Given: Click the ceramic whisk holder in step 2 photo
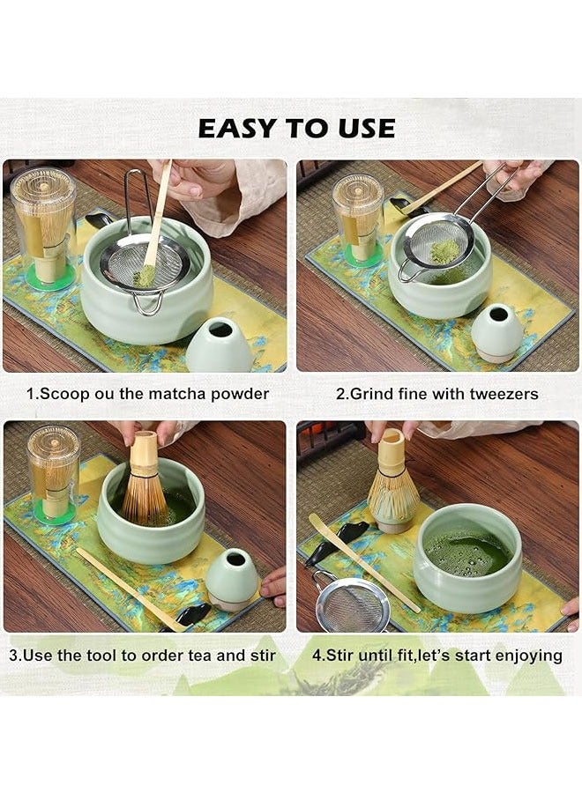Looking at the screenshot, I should click(x=496, y=332).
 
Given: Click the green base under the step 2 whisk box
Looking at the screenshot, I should click(x=358, y=257).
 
